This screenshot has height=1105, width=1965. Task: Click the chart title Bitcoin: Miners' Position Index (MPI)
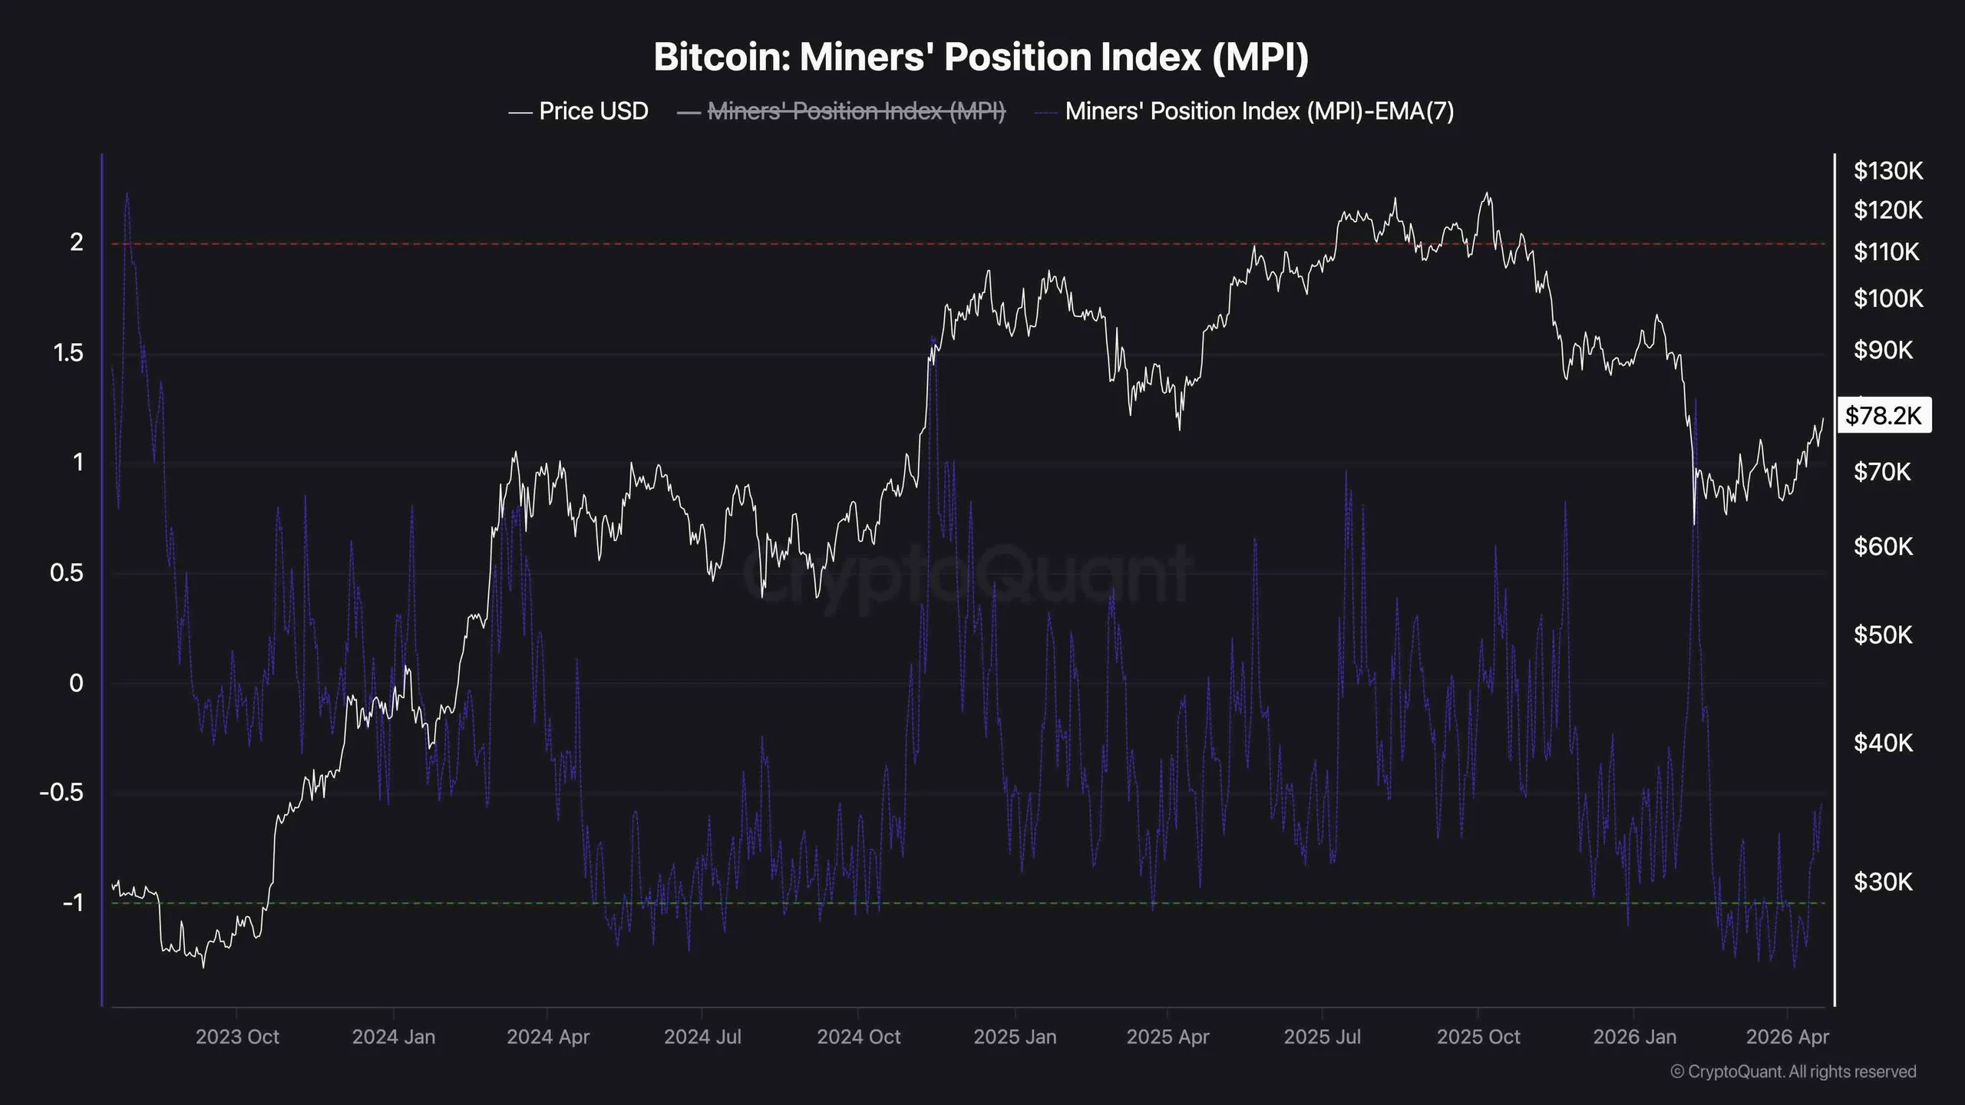[981, 58]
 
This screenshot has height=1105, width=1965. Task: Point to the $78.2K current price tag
[1883, 416]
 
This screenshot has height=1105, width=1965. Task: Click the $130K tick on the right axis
[1887, 170]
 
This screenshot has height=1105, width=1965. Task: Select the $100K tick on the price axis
[1887, 298]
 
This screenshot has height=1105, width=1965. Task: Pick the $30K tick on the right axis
[1883, 882]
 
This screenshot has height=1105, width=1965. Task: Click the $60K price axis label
[1883, 546]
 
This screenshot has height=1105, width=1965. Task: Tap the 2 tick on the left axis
[77, 242]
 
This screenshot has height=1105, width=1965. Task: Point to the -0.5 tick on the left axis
[61, 793]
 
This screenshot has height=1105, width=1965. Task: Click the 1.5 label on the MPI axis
[68, 353]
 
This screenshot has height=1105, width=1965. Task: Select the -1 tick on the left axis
[72, 903]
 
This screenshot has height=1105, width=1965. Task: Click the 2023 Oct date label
[237, 1037]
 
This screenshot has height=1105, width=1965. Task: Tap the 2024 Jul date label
[702, 1037]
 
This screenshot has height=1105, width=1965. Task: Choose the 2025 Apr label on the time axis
[1167, 1037]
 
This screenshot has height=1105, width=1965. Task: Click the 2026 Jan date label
[1634, 1037]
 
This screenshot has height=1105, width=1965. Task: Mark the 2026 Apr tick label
[1787, 1037]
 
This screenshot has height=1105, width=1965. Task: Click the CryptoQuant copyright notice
[1793, 1072]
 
